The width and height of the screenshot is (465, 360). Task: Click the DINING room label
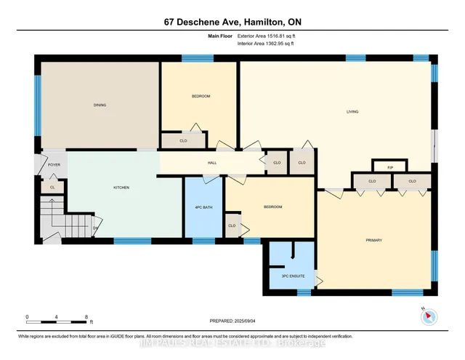pyautogui.click(x=100, y=105)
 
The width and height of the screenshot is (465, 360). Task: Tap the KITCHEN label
pyautogui.click(x=121, y=188)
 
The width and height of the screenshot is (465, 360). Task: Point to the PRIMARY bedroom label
pyautogui.click(x=373, y=240)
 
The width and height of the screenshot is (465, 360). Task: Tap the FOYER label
pyautogui.click(x=54, y=165)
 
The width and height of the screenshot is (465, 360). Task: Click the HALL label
pyautogui.click(x=212, y=163)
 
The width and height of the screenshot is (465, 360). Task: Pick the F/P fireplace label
pyautogui.click(x=390, y=169)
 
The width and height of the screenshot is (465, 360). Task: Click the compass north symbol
pyautogui.click(x=427, y=316)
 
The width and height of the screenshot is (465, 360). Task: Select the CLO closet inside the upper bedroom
pyautogui.click(x=184, y=140)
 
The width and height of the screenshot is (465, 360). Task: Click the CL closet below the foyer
pyautogui.click(x=52, y=188)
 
